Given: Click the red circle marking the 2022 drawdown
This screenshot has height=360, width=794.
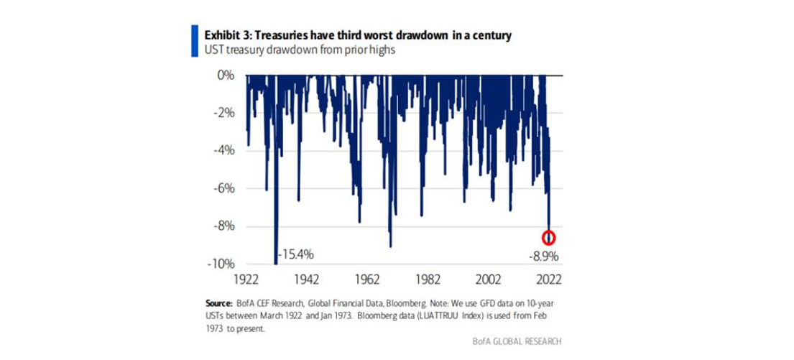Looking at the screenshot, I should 549,238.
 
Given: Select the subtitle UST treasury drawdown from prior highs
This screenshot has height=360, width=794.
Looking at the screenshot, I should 289,50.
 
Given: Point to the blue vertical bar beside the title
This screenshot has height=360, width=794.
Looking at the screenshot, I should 193,42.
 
